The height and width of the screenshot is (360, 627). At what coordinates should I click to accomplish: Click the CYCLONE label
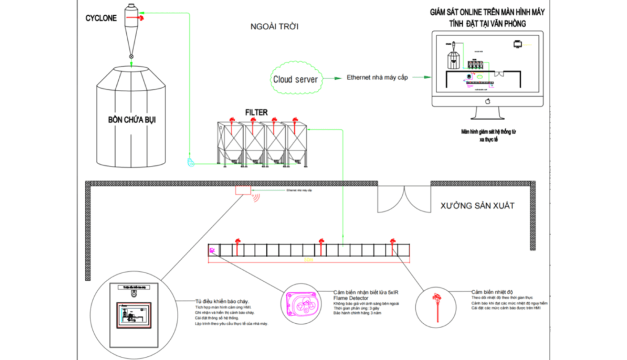tap(101, 19)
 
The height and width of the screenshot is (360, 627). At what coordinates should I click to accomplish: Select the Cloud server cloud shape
tap(295, 78)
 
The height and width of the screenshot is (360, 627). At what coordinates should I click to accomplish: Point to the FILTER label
tap(256, 113)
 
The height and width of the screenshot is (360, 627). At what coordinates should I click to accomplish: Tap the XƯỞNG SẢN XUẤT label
tap(476, 206)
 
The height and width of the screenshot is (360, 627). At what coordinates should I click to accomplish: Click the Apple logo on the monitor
tap(488, 101)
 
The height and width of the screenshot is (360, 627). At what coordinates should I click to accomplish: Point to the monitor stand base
tap(489, 118)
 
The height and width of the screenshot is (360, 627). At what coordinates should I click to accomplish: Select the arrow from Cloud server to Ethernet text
tap(332, 78)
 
